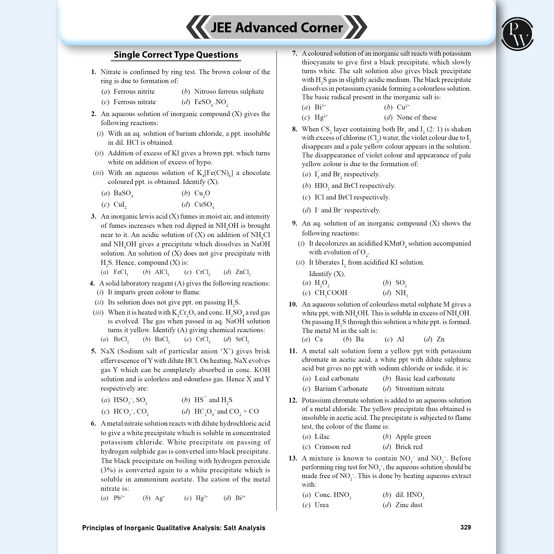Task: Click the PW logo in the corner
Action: (x=517, y=34)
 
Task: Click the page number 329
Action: (x=465, y=527)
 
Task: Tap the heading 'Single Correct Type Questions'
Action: (x=176, y=55)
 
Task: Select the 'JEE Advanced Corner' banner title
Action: (x=277, y=27)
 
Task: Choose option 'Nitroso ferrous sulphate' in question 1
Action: (x=229, y=91)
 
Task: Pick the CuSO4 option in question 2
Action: (x=204, y=205)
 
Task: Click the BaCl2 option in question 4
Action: (x=162, y=339)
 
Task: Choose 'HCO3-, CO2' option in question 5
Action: (x=131, y=412)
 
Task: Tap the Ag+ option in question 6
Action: (x=160, y=498)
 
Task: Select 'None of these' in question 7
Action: (x=416, y=117)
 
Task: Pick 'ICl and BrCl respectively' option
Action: (x=352, y=197)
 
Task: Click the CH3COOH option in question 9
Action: (x=331, y=293)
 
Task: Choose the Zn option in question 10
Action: (x=440, y=339)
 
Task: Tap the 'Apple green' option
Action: (x=413, y=437)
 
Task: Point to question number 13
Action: (x=293, y=458)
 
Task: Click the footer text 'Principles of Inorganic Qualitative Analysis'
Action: (x=174, y=528)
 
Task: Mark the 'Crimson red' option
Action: (x=332, y=446)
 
